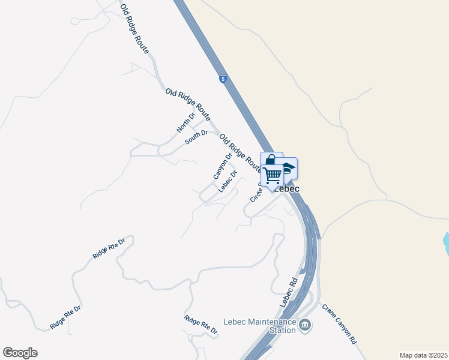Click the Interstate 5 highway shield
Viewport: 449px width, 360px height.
[223, 79]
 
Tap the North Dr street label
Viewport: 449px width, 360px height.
[185, 123]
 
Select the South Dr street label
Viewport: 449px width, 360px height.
[196, 136]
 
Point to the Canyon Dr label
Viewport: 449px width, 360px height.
[222, 166]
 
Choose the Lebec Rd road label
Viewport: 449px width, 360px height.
[289, 292]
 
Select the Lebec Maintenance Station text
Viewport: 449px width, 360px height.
[260, 326]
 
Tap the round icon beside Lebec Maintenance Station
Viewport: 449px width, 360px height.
[306, 326]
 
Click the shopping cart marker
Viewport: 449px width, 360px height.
[273, 176]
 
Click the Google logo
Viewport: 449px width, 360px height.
[20, 353]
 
